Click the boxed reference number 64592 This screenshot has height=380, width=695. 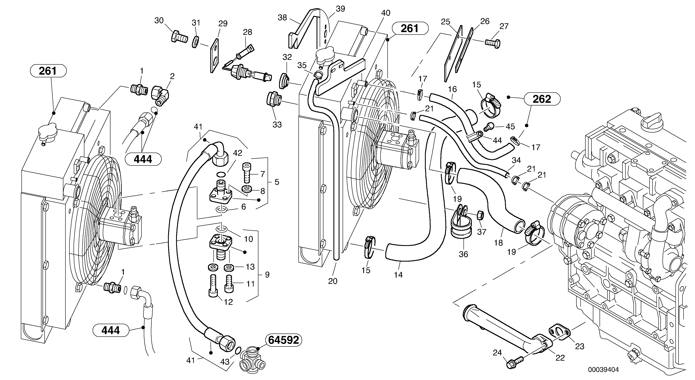[284, 340]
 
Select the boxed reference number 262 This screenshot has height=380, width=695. [542, 99]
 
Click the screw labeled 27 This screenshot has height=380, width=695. [493, 43]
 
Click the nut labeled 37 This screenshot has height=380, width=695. [480, 215]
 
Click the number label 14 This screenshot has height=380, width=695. [398, 275]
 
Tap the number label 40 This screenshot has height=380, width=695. [386, 13]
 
